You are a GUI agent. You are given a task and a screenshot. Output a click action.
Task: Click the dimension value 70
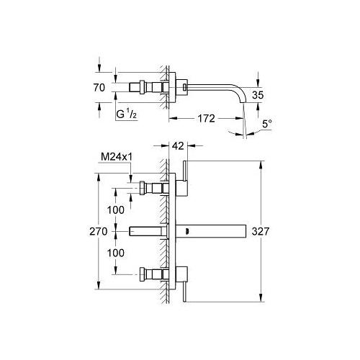pos(99,88)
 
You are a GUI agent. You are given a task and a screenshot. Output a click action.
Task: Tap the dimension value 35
pos(258,95)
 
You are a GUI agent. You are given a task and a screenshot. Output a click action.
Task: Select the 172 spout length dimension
pos(207,118)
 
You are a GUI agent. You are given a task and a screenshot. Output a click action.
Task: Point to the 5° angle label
pos(267,124)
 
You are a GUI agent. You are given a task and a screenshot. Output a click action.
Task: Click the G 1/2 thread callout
pos(127,114)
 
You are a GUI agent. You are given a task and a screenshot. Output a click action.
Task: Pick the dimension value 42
pos(178,145)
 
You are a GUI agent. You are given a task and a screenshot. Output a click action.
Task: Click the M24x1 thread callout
pos(117,157)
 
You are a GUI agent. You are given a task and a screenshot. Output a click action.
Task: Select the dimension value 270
pos(99,232)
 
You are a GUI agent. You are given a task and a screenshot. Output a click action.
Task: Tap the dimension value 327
pos(261,232)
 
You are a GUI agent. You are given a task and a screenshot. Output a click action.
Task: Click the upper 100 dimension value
pos(116,210)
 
